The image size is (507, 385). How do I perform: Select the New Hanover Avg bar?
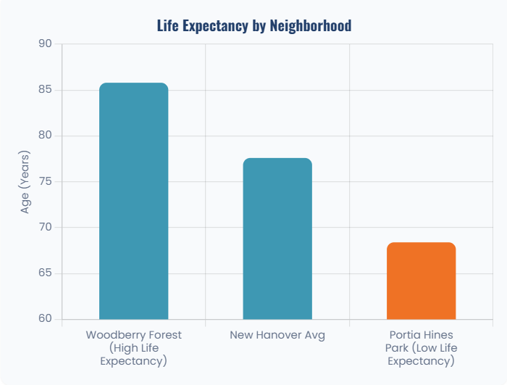point(277,239)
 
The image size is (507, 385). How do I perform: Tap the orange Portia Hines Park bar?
point(421,281)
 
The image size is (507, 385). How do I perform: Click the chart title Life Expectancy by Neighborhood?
point(253,26)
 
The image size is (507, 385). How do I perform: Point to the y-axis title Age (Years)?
point(25,182)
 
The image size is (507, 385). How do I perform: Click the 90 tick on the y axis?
point(46,44)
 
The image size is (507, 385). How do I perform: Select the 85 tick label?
point(46,90)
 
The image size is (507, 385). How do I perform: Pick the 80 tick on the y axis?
point(46,136)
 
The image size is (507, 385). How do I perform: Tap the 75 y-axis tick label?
point(46,182)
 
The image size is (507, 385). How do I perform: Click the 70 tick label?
point(46,228)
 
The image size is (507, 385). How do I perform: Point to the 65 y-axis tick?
point(46,273)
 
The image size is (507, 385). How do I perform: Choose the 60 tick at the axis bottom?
point(46,319)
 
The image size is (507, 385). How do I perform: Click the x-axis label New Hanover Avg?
point(277,335)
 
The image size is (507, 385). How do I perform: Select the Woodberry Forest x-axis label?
point(133,348)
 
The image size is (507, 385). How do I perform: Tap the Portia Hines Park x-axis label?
point(421,348)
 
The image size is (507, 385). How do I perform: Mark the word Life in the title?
point(169,26)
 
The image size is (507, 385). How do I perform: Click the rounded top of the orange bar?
point(421,244)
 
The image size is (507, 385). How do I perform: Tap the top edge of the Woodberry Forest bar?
point(133,84)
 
